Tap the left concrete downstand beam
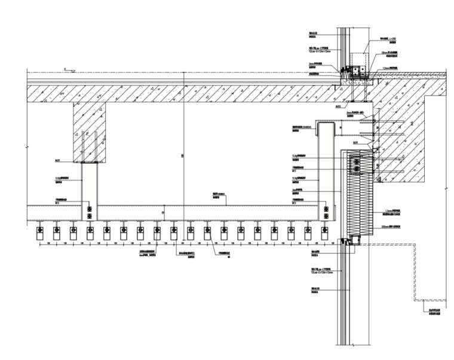point(90,132)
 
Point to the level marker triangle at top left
point(65,70)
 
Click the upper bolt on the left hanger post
point(90,209)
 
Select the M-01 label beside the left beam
point(58,160)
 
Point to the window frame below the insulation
point(349,240)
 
